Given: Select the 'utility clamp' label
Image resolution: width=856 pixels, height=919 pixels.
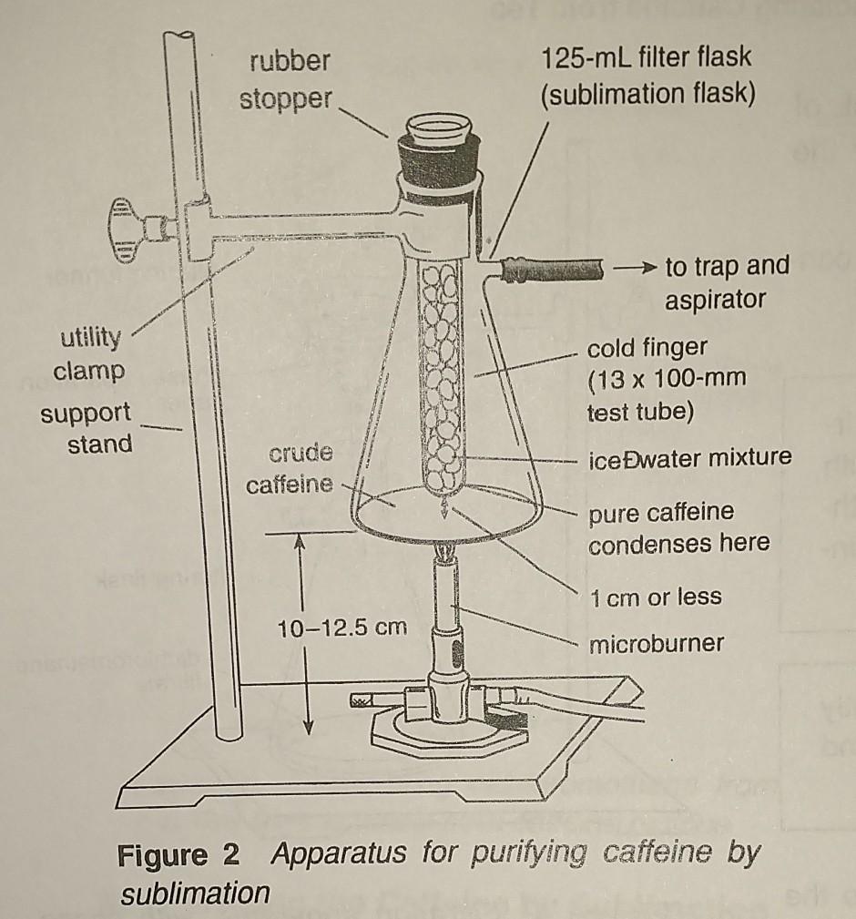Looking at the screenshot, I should (89, 355).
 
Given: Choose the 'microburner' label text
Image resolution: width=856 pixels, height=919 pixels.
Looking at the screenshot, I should (656, 645).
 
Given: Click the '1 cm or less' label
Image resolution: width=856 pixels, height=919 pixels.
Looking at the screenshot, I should (655, 597).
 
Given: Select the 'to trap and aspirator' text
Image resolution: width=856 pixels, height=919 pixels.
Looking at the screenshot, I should (727, 282).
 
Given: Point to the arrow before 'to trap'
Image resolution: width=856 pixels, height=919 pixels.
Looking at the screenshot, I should (634, 268).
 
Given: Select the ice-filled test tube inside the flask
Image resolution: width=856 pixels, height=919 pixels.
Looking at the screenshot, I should (443, 373).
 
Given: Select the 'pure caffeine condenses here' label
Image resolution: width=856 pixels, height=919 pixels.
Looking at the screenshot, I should (678, 527).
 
